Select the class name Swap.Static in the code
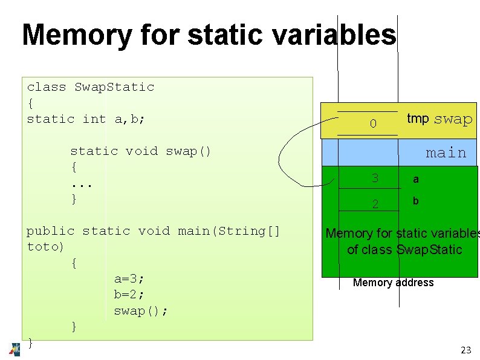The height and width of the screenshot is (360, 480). (x=114, y=87)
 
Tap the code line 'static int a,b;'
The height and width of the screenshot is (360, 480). (x=86, y=119)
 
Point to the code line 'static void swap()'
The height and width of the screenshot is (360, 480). (x=140, y=151)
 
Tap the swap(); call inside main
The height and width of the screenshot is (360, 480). (x=141, y=311)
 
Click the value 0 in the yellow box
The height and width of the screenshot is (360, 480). (x=373, y=124)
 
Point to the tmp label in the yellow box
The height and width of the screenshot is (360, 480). (x=418, y=119)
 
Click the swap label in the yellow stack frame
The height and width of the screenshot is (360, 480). (x=453, y=119)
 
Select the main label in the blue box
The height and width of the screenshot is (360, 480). (x=446, y=153)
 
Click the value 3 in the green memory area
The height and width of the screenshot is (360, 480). (x=375, y=178)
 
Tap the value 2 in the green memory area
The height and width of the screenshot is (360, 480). (x=375, y=204)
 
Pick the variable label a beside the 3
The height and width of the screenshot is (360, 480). (x=416, y=180)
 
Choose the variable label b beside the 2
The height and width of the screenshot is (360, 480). (x=416, y=201)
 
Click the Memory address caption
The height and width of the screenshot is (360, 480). (x=393, y=283)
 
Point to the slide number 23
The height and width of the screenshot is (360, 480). (x=465, y=350)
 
